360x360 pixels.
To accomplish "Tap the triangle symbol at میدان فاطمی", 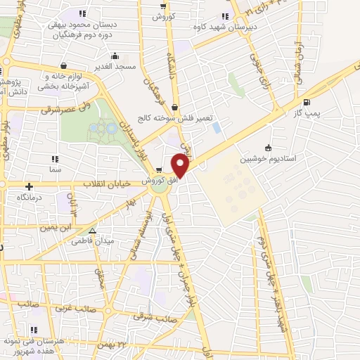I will pos(91,230).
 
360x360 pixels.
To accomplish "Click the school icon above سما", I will pos(55,159).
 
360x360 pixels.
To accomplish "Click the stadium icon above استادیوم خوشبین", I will pos(268,147).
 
